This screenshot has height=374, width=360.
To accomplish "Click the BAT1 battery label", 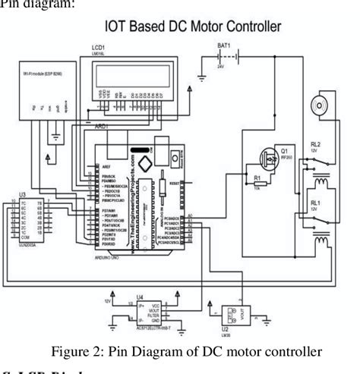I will (x=224, y=46).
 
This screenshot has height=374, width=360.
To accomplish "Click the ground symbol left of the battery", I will (x=202, y=77).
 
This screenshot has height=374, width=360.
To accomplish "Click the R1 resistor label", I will (x=256, y=179).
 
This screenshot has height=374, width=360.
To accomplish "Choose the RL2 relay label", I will (x=315, y=144).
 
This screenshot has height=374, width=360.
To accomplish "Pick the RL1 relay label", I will (x=314, y=203).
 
